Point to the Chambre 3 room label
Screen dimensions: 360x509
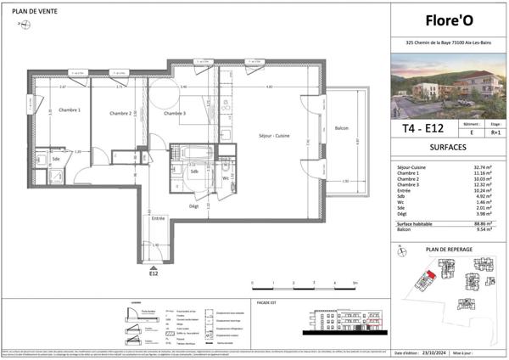tap(175, 113)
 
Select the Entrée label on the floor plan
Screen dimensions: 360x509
tap(158, 218)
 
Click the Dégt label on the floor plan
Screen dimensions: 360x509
tap(193, 205)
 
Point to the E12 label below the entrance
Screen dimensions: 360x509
tap(154, 274)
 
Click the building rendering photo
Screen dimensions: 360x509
tap(447, 87)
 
